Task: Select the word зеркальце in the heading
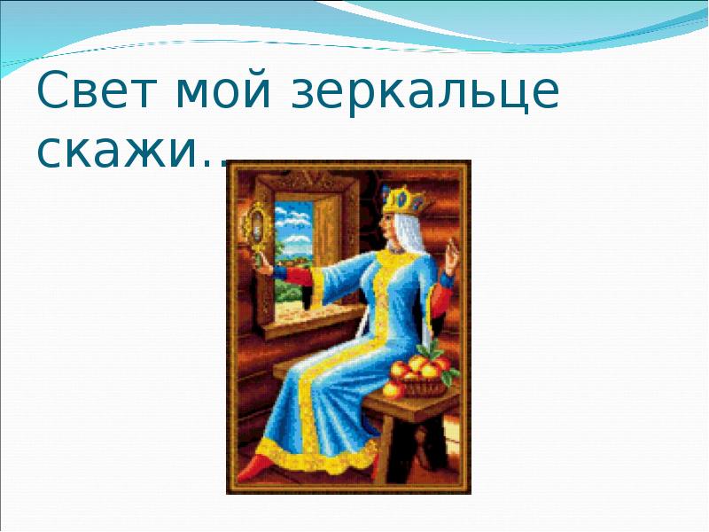(425, 92)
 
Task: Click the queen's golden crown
(403, 200)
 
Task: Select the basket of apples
(419, 375)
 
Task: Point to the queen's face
(388, 229)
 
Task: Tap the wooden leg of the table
(386, 449)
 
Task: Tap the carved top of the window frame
(308, 181)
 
